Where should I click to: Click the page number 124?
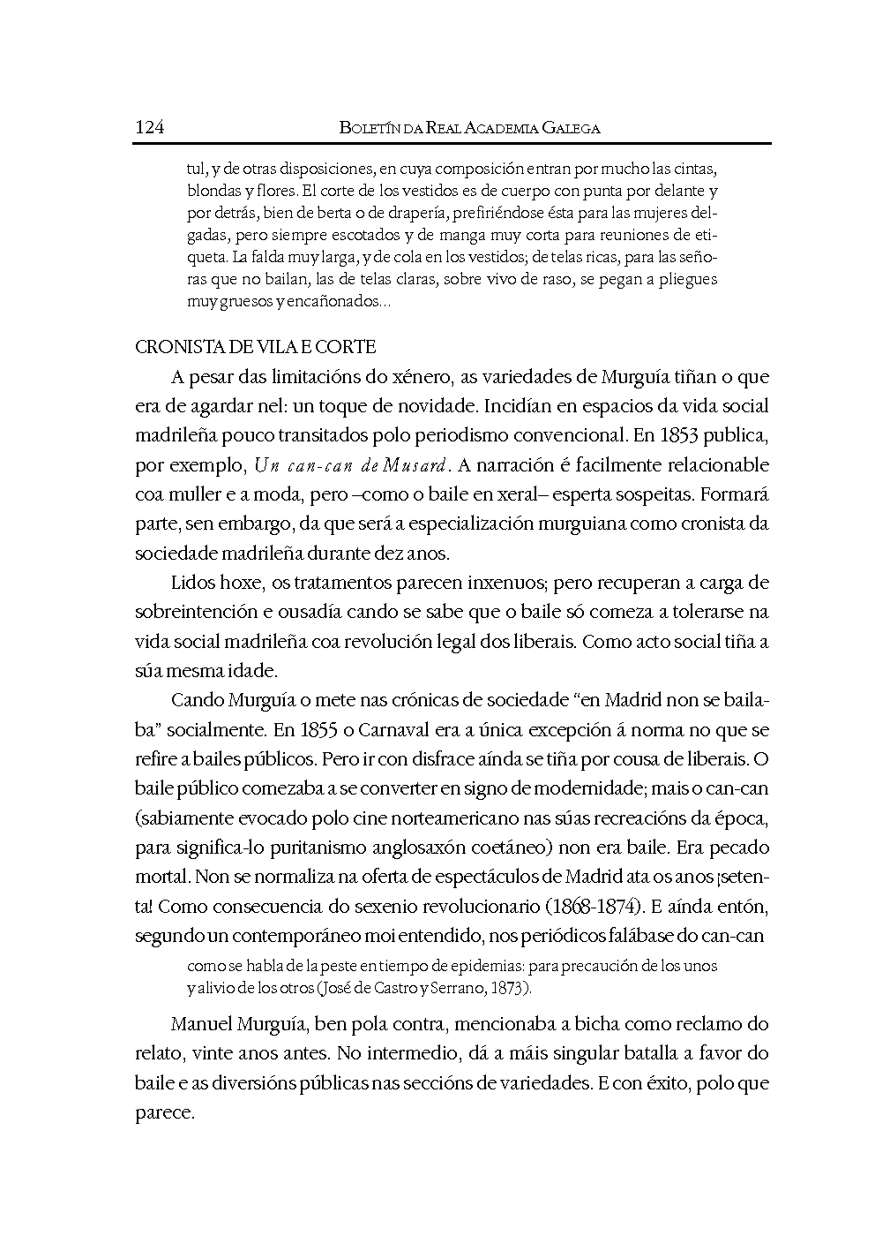[149, 127]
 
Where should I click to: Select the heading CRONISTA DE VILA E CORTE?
[256, 347]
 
